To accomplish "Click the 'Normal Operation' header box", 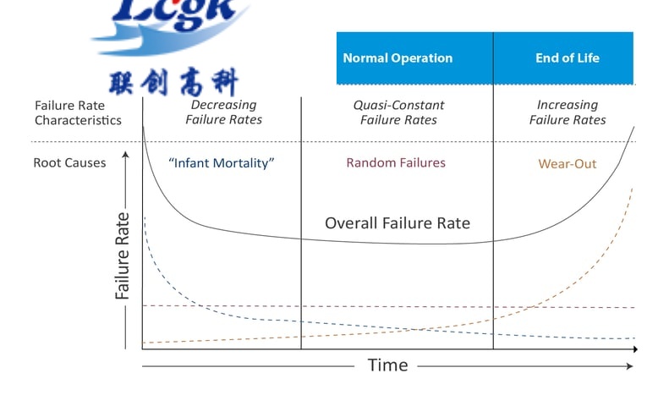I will (x=398, y=58).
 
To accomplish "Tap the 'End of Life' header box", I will (x=567, y=58).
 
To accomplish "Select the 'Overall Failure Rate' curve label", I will (x=398, y=224).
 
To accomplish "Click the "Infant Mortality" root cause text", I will (x=222, y=162).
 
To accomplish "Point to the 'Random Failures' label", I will (x=396, y=162).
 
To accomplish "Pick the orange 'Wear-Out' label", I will (x=567, y=163).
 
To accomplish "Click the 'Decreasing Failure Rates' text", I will (x=223, y=112).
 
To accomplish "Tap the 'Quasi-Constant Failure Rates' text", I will (x=398, y=112).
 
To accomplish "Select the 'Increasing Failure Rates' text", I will (x=568, y=112).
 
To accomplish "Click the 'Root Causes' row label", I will (x=69, y=162).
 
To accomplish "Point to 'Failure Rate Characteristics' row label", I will (x=78, y=112).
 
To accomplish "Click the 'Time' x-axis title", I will (x=387, y=365).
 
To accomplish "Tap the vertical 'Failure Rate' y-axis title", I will (x=123, y=254).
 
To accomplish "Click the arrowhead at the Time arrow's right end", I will (x=629, y=365).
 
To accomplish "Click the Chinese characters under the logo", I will (x=174, y=81).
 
